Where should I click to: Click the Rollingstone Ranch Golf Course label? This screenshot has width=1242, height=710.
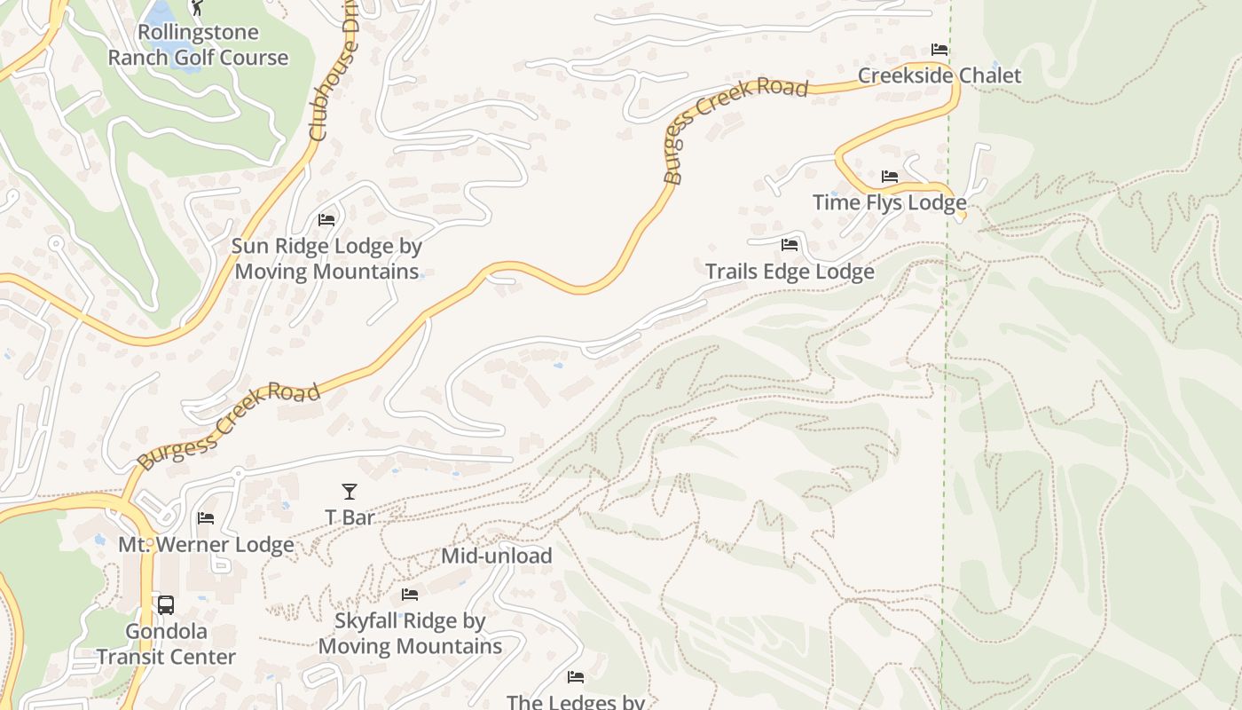[x=198, y=45]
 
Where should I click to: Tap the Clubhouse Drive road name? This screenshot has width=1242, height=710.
[x=332, y=80]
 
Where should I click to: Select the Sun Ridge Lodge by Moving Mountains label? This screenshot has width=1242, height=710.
[x=326, y=258]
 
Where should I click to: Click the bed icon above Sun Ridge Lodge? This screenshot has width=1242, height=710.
[x=326, y=219]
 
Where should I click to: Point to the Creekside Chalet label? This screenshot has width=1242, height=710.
[x=939, y=75]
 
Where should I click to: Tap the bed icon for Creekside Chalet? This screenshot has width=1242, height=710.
[x=939, y=50]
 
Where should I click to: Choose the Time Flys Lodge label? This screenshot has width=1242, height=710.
[x=889, y=202]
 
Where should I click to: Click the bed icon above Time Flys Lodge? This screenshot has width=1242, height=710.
[x=890, y=177]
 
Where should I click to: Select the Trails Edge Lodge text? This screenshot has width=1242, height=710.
[x=790, y=272]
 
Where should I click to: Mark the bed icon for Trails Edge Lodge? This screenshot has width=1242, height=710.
[x=790, y=245]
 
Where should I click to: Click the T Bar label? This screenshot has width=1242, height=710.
[x=350, y=517]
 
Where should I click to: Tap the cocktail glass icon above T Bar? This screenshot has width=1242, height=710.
[x=350, y=491]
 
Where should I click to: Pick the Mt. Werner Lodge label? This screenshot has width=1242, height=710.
[x=206, y=545]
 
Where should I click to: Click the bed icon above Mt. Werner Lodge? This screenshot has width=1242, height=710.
[x=206, y=518]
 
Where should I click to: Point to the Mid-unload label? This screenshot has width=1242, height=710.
[x=497, y=556]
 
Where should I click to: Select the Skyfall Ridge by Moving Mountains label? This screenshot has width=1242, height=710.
[x=410, y=634]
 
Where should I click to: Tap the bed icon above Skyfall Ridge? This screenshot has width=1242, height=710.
[x=410, y=595]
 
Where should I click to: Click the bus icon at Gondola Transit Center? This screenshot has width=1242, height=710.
[x=166, y=605]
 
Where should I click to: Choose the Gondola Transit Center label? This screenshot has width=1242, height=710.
[x=166, y=644]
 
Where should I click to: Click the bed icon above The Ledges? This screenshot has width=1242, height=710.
[x=576, y=677]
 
